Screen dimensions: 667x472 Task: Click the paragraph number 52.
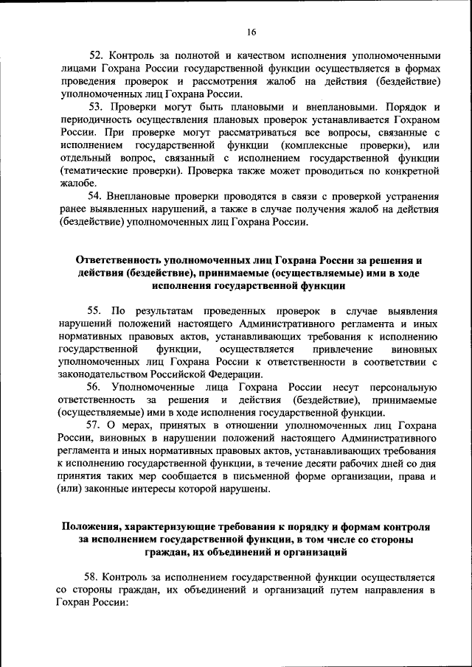click(96, 55)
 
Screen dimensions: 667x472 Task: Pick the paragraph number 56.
click(94, 387)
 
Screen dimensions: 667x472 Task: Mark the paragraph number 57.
click(95, 426)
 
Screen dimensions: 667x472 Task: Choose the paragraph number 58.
click(95, 577)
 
